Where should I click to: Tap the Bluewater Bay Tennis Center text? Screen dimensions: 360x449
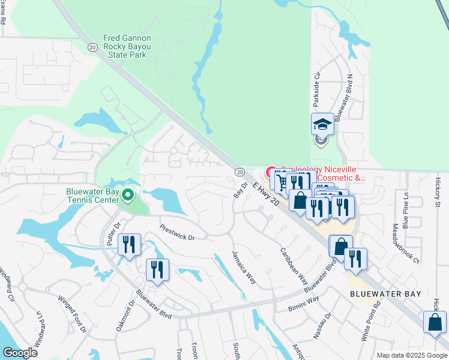click(92, 196)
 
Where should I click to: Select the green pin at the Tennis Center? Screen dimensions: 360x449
click(127, 194)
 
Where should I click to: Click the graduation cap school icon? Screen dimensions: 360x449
click(322, 125)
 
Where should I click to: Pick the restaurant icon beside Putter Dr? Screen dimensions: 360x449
click(129, 245)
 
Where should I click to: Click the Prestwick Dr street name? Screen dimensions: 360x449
click(178, 233)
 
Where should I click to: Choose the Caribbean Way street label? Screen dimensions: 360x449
click(294, 265)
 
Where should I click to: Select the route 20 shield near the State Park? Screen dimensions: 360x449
click(92, 46)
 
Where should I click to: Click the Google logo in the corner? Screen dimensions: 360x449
click(20, 353)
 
